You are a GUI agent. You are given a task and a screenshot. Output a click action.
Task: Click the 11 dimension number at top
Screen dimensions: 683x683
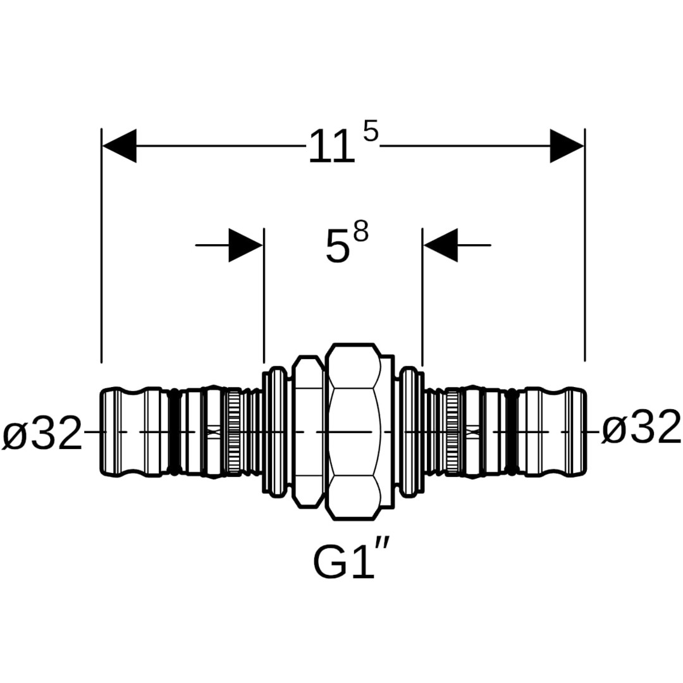(331, 148)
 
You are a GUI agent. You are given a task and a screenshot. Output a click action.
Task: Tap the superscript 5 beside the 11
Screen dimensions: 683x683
(371, 133)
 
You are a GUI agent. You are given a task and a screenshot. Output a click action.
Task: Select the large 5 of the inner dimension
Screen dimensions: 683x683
(337, 247)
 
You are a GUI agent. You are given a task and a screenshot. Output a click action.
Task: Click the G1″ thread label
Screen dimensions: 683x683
(352, 562)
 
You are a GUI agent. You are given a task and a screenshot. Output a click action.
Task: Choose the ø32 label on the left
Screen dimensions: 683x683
(42, 433)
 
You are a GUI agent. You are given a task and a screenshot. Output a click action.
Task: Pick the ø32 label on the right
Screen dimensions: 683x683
(641, 429)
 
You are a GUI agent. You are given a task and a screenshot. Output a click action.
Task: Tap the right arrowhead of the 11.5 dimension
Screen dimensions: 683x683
(567, 145)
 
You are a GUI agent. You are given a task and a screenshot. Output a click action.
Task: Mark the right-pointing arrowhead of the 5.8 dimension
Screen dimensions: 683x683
(246, 245)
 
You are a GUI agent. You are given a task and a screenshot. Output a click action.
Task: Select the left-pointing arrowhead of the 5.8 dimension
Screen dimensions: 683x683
(440, 245)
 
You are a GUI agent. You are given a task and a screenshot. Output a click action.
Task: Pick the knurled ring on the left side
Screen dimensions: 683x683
(233, 432)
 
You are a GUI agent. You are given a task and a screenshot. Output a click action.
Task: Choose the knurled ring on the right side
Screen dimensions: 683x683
(453, 432)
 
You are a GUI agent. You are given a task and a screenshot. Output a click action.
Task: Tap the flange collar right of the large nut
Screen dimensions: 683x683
(411, 432)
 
